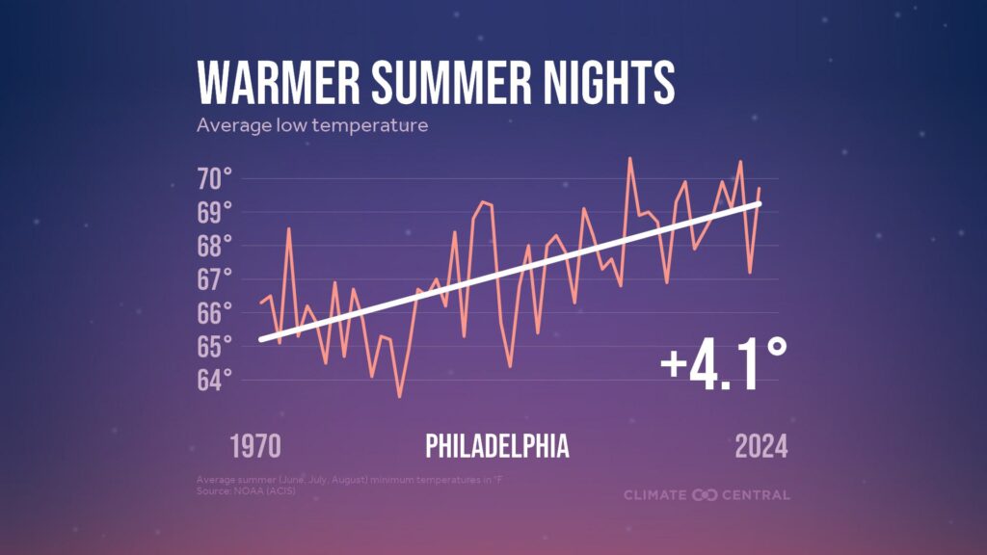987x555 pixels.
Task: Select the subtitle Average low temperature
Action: coord(311,125)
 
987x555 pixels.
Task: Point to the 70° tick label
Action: coord(215,178)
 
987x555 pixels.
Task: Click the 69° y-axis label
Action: coord(215,212)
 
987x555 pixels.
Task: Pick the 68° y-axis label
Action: coord(215,246)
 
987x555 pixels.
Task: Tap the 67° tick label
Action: coord(215,279)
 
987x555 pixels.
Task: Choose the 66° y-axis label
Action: coord(215,313)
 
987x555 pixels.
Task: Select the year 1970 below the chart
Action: coord(255,447)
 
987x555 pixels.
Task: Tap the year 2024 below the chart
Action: coord(761,447)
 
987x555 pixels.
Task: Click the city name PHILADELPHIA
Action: coord(497,447)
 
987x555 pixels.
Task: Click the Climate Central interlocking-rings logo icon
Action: coord(705,495)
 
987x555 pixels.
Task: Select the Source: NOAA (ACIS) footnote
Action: coord(246,491)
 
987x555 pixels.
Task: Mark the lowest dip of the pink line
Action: coord(399,396)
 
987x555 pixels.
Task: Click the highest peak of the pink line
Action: coord(630,158)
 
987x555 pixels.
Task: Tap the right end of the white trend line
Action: coord(760,203)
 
